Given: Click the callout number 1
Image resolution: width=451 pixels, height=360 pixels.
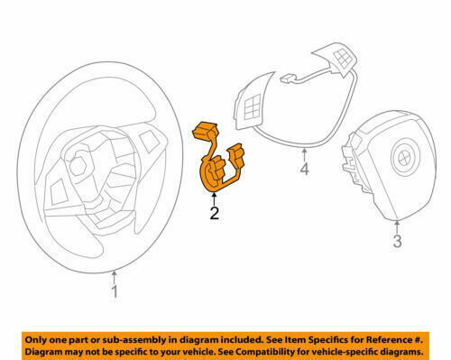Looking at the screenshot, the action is (115, 291).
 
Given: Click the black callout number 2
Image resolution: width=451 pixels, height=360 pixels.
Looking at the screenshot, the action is (215, 213).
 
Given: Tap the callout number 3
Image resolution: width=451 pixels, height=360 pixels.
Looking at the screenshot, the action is (397, 241).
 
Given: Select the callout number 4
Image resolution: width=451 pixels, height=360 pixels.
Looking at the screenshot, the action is (304, 169).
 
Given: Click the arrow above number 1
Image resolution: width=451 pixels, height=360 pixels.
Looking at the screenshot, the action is (114, 277).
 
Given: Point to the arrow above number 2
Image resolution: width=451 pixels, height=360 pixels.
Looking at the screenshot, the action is (214, 198).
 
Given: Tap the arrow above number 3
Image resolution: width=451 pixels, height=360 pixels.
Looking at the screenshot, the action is (397, 227).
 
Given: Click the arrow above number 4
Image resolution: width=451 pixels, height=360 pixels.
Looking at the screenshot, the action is (304, 154).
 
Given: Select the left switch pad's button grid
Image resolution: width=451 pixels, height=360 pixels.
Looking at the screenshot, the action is (253, 107).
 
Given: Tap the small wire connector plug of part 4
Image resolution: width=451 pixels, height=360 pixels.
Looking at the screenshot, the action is (287, 78).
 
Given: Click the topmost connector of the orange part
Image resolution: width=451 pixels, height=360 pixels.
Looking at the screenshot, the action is (206, 130).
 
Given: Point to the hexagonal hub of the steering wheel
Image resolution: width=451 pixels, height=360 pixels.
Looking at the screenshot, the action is (78, 163).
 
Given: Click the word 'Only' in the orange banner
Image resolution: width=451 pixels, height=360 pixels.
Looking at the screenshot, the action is (35, 340).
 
